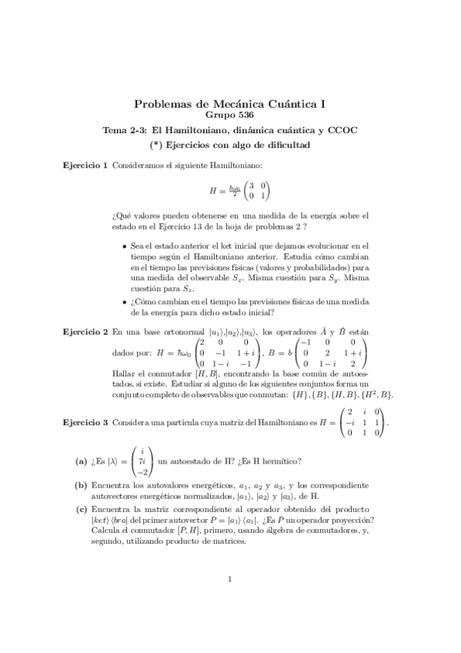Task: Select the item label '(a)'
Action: pos(81,461)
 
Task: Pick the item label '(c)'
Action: pos(81,510)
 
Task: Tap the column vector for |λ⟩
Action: pos(143,461)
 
